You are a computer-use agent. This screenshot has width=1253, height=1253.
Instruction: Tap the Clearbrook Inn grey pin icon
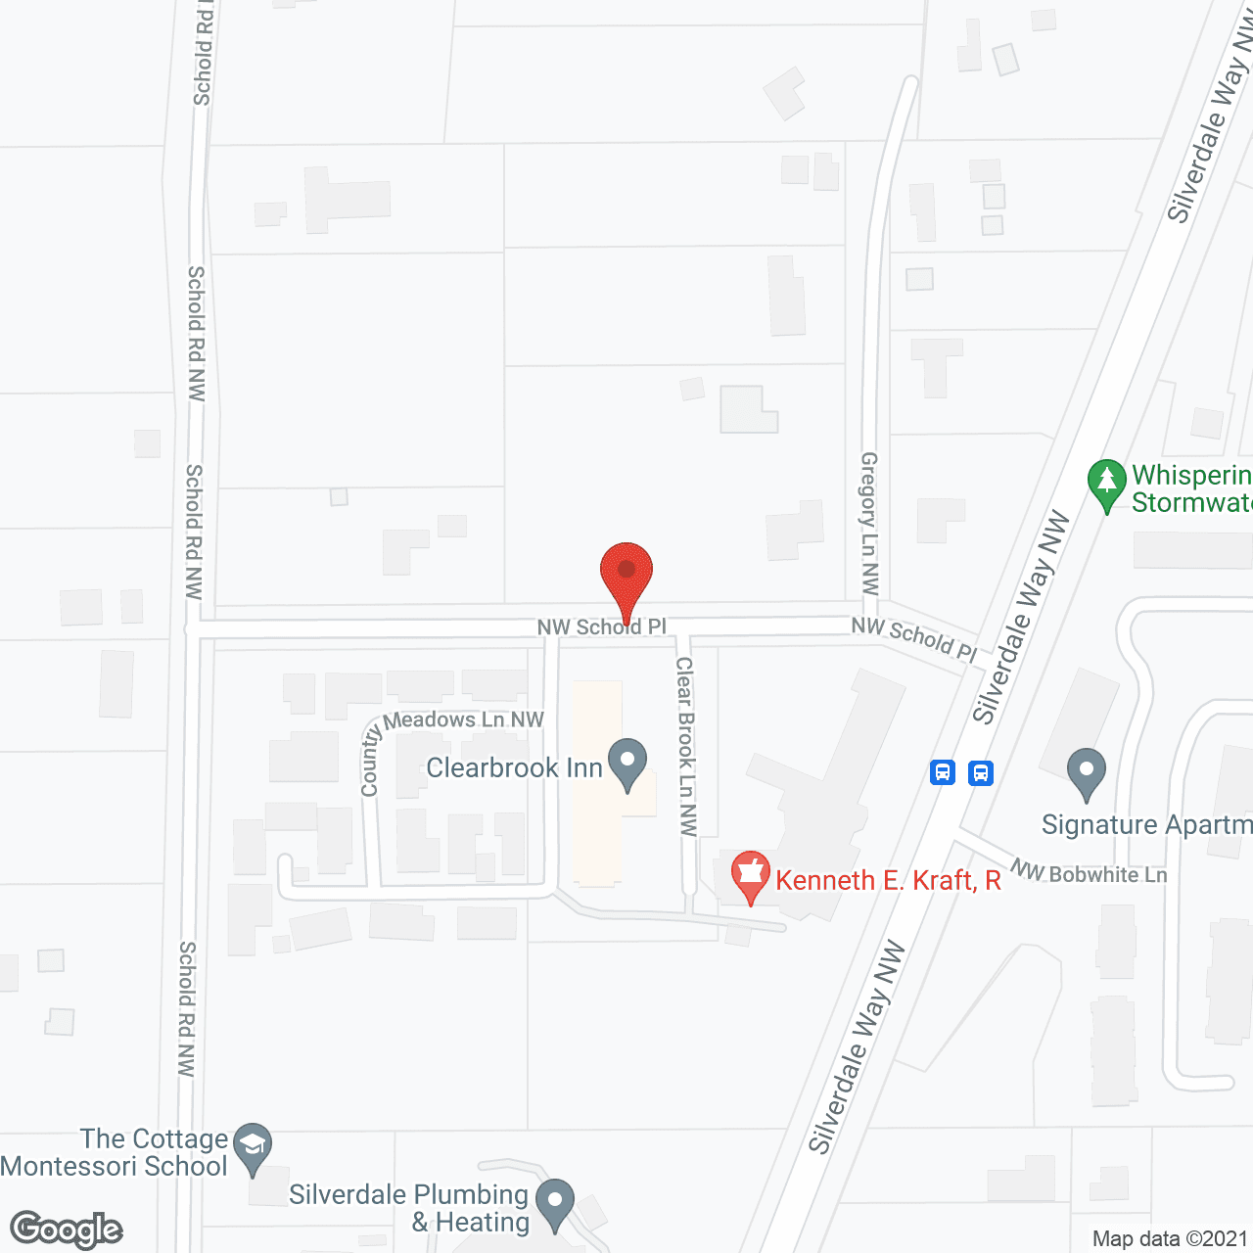click(627, 765)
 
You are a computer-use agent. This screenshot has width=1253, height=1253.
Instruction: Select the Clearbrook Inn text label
click(514, 767)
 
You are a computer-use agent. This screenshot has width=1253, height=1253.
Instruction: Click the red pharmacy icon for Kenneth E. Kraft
click(751, 875)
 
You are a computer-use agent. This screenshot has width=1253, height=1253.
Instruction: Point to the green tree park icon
click(1107, 484)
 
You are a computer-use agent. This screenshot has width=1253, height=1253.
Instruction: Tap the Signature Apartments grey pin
click(1086, 773)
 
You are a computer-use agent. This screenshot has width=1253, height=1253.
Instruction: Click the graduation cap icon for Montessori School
click(254, 1147)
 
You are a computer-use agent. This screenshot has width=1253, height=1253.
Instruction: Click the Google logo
click(67, 1230)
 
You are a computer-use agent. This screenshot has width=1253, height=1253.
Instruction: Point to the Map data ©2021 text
click(1170, 1238)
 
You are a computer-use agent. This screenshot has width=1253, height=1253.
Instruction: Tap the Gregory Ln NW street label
click(869, 523)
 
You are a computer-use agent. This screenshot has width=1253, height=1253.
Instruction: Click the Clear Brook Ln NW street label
click(686, 746)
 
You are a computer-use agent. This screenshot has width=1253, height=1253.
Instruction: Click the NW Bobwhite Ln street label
click(1090, 872)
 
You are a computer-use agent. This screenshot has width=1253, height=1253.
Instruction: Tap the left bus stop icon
click(943, 773)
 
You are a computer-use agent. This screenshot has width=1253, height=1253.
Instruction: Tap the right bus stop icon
click(981, 773)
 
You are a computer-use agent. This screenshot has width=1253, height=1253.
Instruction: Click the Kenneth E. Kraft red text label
click(888, 880)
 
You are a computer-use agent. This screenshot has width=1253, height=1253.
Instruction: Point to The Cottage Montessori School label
click(115, 1152)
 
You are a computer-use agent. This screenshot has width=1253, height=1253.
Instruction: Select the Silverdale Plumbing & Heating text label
click(409, 1208)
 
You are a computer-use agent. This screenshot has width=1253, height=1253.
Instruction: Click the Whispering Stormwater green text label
click(1191, 488)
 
